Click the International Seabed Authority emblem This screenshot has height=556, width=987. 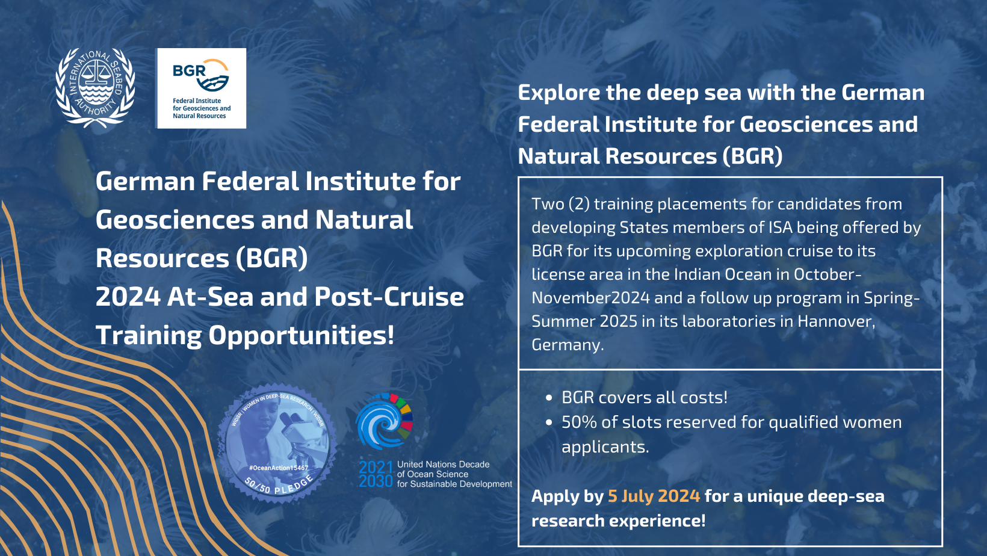pos(95,88)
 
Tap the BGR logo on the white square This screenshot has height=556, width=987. pos(202,88)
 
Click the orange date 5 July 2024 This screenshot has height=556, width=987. pos(654,496)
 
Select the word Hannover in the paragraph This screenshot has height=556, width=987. pos(836,321)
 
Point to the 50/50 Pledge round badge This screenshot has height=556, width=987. pos(277,443)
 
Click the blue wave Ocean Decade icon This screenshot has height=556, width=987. pos(384,421)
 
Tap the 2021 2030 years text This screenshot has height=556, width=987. pos(376,474)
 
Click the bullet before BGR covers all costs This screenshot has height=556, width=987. pos(549,398)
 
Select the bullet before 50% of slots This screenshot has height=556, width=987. pos(549,422)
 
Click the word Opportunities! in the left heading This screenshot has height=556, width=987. pos(301,335)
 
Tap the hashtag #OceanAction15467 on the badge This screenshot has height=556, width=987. pos(279,468)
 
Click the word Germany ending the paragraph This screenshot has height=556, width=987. pos(568,345)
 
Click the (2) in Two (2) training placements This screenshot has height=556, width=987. pos(579,204)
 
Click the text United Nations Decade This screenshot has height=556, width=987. pos(444,465)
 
